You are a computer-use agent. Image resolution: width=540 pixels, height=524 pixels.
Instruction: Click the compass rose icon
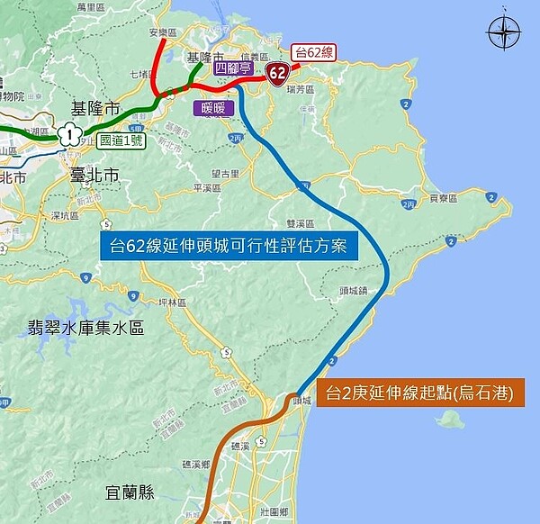(x=504, y=34)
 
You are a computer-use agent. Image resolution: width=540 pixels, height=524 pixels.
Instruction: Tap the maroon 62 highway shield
(x=277, y=72)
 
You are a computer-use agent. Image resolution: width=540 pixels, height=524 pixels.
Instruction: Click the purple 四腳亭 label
(x=232, y=68)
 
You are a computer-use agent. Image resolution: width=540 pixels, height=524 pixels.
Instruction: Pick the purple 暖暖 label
(x=214, y=108)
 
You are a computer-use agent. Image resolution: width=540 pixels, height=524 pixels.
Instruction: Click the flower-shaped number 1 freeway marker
(x=67, y=135)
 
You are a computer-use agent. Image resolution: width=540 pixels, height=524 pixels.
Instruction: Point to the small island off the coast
(x=449, y=420)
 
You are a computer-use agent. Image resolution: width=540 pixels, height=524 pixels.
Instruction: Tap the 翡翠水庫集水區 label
(x=86, y=329)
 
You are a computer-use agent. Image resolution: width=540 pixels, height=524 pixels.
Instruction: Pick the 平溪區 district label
(x=208, y=188)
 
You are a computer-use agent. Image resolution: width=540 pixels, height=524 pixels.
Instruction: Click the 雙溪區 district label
(x=299, y=223)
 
